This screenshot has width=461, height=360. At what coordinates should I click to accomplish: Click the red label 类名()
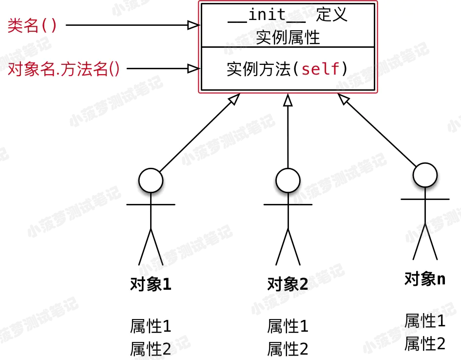[32, 25]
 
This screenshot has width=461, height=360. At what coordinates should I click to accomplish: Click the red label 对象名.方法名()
[63, 69]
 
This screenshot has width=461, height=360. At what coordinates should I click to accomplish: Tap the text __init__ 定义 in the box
[288, 15]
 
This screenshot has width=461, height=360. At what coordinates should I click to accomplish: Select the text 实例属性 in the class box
[288, 38]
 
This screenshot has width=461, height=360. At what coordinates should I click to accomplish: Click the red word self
[321, 69]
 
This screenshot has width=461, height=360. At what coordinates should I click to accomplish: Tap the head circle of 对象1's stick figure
[151, 180]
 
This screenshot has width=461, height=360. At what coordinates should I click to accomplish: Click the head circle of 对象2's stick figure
[288, 180]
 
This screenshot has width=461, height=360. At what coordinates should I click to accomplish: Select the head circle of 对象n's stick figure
[425, 175]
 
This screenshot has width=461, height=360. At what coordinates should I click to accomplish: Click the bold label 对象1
[151, 284]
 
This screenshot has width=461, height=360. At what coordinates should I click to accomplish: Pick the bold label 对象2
[288, 284]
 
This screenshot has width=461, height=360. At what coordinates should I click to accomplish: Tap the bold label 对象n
[425, 279]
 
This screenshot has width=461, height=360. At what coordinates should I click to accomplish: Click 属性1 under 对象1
[151, 326]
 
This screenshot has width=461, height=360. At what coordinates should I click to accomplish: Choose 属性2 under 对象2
[288, 349]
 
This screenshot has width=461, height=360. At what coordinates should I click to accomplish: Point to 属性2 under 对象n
[425, 343]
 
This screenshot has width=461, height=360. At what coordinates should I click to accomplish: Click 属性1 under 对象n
[425, 320]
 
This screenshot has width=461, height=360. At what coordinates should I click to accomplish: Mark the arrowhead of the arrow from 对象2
[288, 100]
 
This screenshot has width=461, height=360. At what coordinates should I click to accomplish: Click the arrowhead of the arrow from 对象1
[234, 99]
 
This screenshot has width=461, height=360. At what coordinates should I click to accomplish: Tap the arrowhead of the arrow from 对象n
[344, 99]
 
